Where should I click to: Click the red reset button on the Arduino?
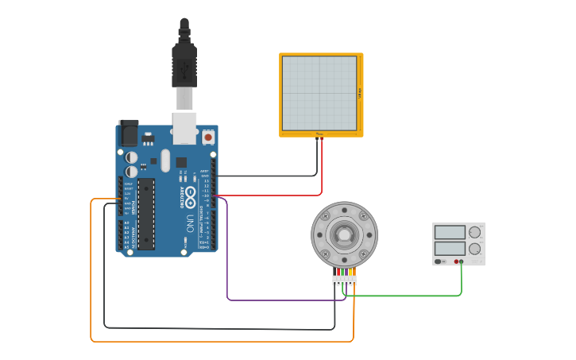click(x=208, y=137)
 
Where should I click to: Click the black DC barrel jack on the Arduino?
click(x=128, y=133)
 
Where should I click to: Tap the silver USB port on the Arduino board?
click(x=184, y=127)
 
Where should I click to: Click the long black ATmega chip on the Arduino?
click(x=146, y=213)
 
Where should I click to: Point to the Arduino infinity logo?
click(x=191, y=194)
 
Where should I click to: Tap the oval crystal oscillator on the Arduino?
click(x=165, y=161)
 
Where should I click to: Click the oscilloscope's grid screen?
click(x=319, y=93)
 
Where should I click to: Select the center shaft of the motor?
click(x=344, y=234)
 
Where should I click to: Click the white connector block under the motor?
click(x=345, y=280)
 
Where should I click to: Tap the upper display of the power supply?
click(x=450, y=232)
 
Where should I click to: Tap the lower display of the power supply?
click(x=450, y=248)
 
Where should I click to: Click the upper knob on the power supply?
click(x=474, y=232)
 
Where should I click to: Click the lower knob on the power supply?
click(x=474, y=249)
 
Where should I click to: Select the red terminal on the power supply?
click(x=456, y=261)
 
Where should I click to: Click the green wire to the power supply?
click(x=413, y=296)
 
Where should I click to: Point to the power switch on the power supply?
click(x=439, y=261)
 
